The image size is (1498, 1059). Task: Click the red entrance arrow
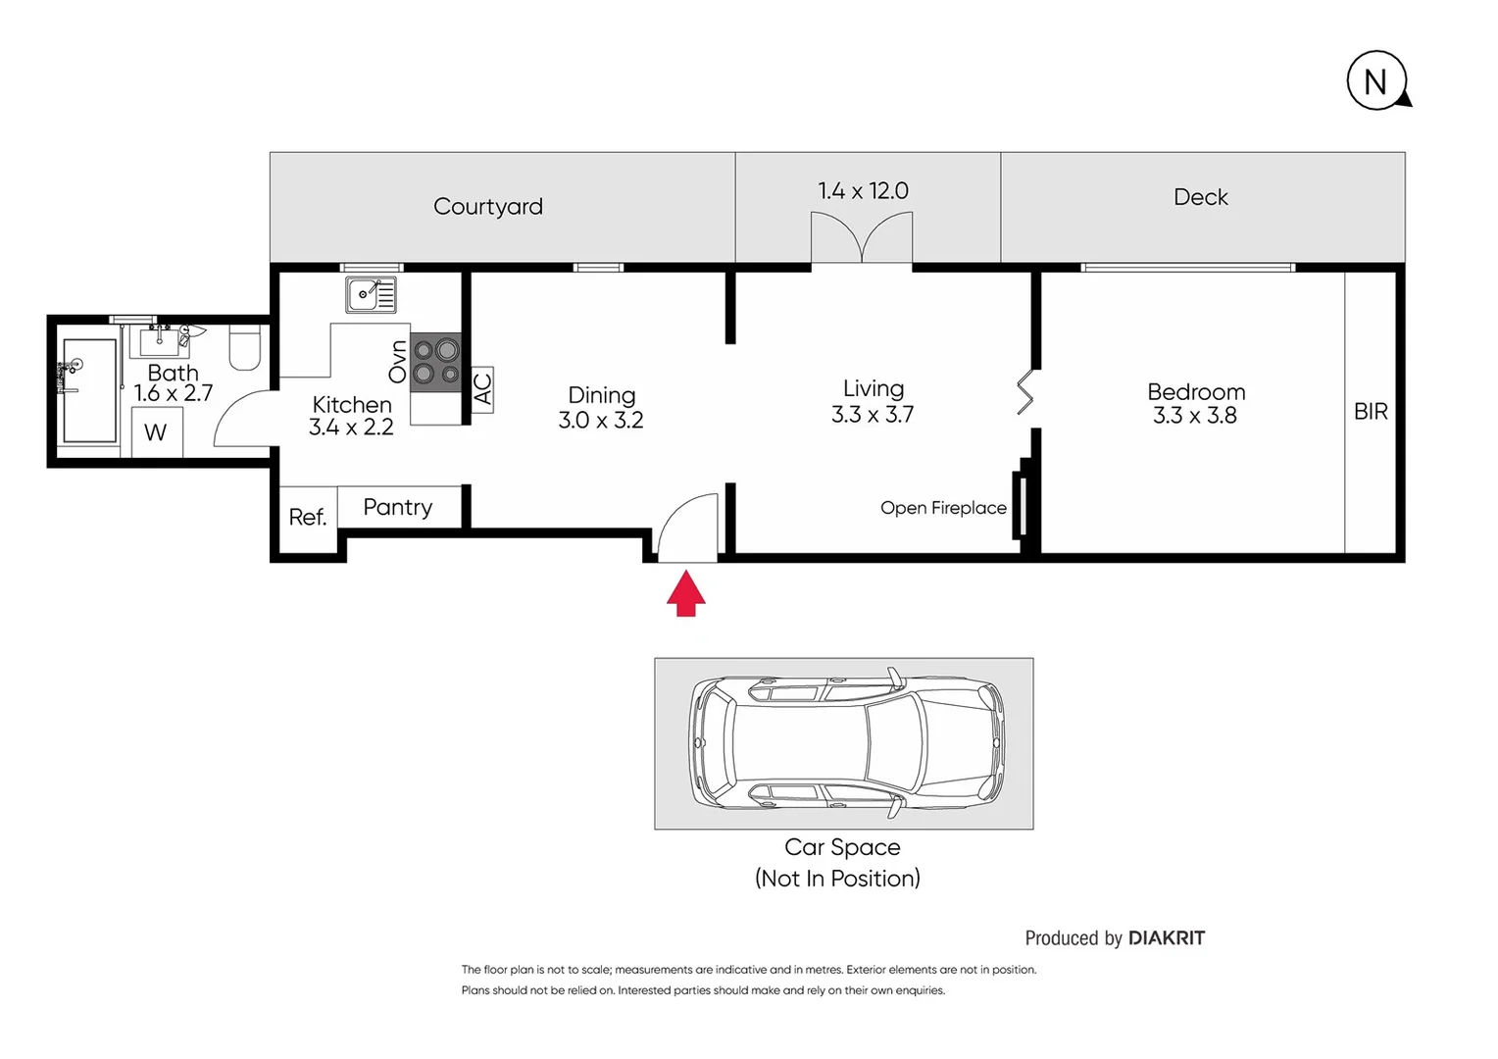coord(686,595)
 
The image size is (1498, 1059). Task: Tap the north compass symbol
coord(1376,80)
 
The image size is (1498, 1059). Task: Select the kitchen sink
coord(371,293)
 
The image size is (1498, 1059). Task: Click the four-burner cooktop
coord(436,362)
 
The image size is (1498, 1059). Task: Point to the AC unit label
coord(482,389)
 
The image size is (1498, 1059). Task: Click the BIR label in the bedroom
coord(1371,412)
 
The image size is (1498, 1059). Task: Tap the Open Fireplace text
coord(943,508)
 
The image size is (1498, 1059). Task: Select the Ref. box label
coord(307,517)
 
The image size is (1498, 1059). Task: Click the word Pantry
coord(397,507)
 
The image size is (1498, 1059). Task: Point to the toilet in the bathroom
coord(245,348)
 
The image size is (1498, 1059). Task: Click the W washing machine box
coord(156,432)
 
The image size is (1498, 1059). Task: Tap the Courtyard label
coord(487,207)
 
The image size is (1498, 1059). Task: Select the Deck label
coord(1200,197)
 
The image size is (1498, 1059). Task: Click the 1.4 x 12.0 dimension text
coord(863,191)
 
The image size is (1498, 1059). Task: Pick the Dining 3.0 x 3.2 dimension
coord(601,421)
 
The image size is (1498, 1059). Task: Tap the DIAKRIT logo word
coord(1166,938)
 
